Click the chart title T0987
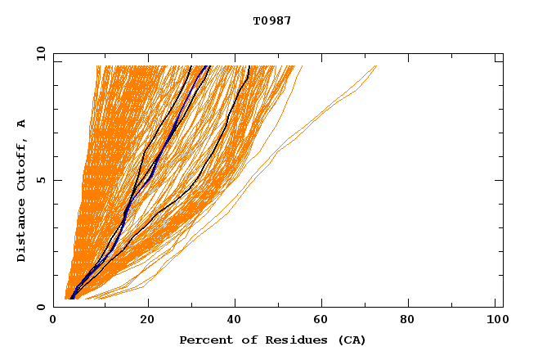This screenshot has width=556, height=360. [x=272, y=21]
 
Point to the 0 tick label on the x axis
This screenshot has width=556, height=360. [x=54, y=321]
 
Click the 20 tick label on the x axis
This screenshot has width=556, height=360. [x=146, y=321]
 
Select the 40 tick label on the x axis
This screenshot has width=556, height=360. [x=235, y=321]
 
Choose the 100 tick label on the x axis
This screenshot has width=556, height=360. [x=495, y=321]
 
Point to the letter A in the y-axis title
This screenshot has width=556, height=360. [x=22, y=124]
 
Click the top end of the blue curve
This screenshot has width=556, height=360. [x=209, y=65]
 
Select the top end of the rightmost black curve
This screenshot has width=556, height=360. [x=249, y=65]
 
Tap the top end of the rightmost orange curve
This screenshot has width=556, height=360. [x=377, y=65]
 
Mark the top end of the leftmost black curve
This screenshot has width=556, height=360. [x=191, y=65]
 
